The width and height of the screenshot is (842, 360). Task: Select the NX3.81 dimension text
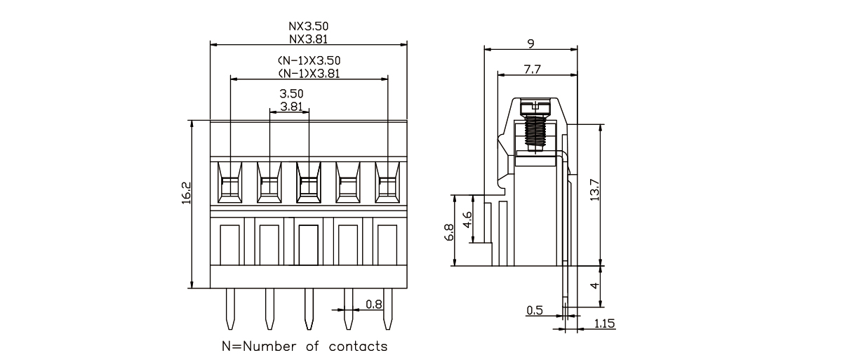pos(309,40)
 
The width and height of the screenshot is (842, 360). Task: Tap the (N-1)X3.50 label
pos(309,62)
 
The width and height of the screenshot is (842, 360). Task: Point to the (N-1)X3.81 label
pos(309,73)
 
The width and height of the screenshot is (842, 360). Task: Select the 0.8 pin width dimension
pos(374,305)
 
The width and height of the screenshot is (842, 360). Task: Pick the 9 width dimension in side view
pos(531,44)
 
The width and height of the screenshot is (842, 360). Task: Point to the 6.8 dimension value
pos(450,232)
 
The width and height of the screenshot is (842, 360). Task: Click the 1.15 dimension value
pos(605,324)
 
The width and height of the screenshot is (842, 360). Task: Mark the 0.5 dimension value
pos(535,310)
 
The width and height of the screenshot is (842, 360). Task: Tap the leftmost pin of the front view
pos(230,309)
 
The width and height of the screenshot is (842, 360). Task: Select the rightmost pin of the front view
pos(387,309)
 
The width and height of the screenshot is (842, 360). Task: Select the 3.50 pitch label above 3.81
pos(291,93)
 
